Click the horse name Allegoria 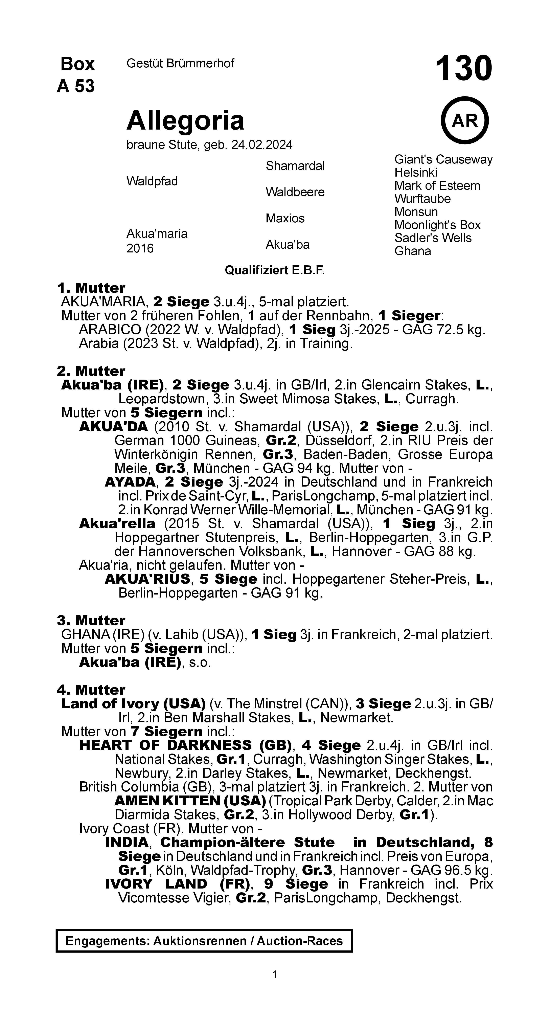(185, 120)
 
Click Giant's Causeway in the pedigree (443, 159)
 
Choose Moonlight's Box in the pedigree (437, 225)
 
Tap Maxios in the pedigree (285, 218)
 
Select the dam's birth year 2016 (140, 248)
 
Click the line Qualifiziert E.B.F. (275, 270)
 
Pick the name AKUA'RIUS (147, 579)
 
